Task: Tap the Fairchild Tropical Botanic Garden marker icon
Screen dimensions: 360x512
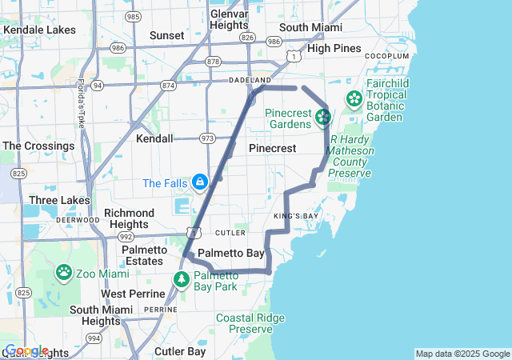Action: (354, 99)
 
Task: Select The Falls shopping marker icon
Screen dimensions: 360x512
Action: (199, 182)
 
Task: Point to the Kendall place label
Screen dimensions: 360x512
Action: (154, 138)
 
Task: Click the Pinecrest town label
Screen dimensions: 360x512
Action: (272, 149)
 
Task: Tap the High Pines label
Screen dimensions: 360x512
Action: (334, 48)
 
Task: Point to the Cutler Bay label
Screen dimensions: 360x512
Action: (180, 351)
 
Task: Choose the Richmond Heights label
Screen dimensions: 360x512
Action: (129, 218)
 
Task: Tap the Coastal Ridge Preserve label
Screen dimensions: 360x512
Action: (250, 323)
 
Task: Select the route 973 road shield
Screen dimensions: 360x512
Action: (207, 138)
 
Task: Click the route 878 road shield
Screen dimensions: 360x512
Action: (212, 61)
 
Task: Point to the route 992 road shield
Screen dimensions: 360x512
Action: (126, 237)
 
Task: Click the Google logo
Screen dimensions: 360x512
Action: (26, 350)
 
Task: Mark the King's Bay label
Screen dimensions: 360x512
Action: (296, 216)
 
